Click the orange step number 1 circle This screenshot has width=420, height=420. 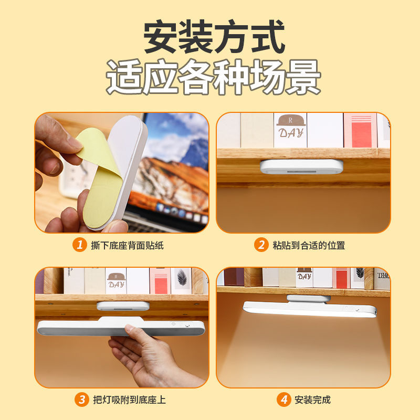tap(80, 245)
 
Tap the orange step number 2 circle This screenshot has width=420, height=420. tap(261, 245)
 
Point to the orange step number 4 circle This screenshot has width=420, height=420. tap(284, 400)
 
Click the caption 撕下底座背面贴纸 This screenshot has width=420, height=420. tap(127, 245)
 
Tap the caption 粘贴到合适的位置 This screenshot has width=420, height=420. tap(309, 245)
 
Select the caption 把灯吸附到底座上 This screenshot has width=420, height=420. tap(129, 400)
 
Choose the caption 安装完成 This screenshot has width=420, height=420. tap(312, 400)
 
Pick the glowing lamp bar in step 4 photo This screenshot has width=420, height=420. tap(310, 310)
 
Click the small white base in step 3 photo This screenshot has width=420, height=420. tap(123, 306)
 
